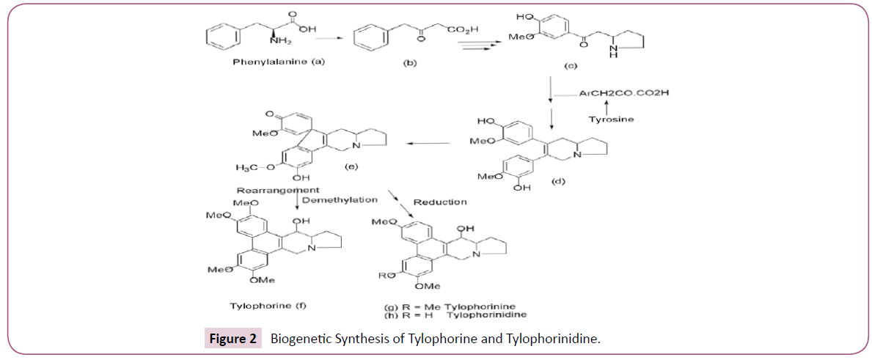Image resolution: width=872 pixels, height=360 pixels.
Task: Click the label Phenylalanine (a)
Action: pos(278,62)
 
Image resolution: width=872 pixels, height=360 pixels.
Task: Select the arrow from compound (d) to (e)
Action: pos(429,144)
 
